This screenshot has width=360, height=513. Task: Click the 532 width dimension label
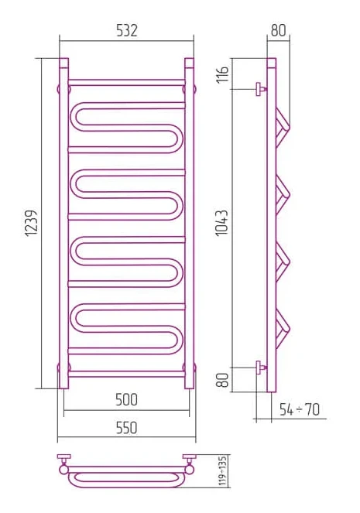click(127, 30)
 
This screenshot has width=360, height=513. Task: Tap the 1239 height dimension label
click(32, 223)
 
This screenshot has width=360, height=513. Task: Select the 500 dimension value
click(127, 399)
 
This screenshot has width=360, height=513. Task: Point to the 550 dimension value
click(127, 428)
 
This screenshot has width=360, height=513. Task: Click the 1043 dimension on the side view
click(221, 223)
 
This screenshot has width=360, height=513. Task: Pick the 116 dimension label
click(222, 74)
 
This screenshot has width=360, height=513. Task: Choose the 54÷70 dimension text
click(299, 409)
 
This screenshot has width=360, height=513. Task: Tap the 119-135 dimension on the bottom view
click(223, 471)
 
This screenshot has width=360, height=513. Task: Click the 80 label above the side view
click(279, 30)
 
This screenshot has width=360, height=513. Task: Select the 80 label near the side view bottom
click(222, 380)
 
